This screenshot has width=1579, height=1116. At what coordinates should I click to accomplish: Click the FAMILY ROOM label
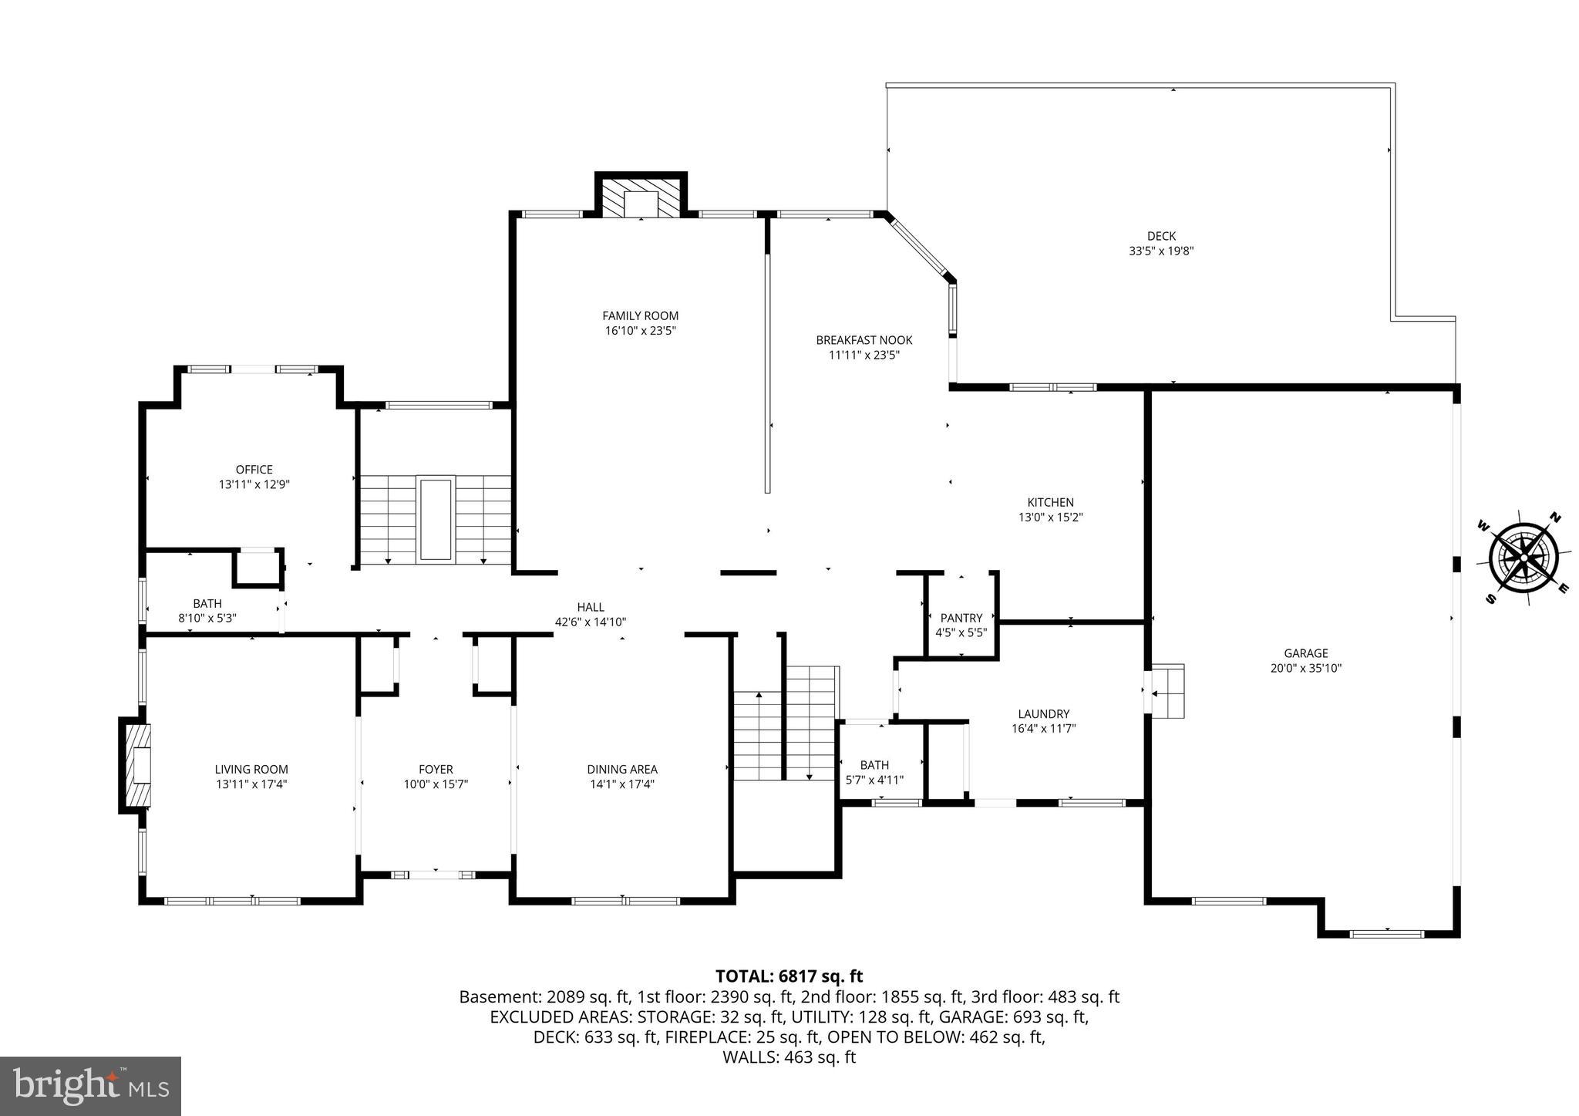(x=640, y=315)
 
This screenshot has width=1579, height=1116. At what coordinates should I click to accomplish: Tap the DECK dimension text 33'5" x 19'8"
(x=1161, y=251)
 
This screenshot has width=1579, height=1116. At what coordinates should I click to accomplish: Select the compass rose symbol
(x=1523, y=556)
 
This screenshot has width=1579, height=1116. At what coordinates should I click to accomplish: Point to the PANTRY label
(x=961, y=618)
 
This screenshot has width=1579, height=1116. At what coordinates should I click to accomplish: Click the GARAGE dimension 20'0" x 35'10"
(x=1305, y=668)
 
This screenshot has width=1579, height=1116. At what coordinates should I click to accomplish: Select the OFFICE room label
(x=254, y=469)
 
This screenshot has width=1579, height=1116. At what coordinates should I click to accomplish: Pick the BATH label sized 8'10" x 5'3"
(x=207, y=603)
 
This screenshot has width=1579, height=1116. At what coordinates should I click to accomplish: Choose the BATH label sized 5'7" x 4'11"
(x=874, y=765)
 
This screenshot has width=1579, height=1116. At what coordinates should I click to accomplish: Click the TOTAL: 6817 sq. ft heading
(x=789, y=976)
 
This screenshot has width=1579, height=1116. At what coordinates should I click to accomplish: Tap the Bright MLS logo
(x=90, y=1086)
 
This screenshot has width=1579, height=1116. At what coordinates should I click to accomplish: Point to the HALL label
(x=591, y=607)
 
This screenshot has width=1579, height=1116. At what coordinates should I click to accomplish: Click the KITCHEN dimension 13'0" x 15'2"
(x=1050, y=518)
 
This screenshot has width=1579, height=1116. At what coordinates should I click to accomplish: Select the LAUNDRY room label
(x=1043, y=713)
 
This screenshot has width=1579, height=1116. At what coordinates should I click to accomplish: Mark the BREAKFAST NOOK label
(x=864, y=339)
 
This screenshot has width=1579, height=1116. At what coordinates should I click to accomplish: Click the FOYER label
(x=436, y=769)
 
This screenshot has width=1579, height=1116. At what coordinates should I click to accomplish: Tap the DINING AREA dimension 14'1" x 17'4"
(x=621, y=784)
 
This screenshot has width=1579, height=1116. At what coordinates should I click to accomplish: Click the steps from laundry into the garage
(x=1167, y=691)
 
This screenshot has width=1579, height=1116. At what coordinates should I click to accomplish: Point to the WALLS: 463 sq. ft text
(x=789, y=1057)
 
